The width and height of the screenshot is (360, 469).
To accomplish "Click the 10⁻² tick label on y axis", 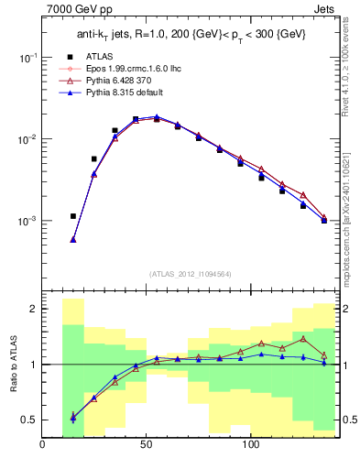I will click(x=26, y=139).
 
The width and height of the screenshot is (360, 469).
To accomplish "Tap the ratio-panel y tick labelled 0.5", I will click(x=27, y=420).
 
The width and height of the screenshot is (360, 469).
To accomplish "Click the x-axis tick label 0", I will click(x=42, y=445).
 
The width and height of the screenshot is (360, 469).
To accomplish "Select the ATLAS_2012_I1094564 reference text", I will click(x=190, y=274).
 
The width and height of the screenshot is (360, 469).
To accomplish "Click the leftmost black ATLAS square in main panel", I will click(x=73, y=217).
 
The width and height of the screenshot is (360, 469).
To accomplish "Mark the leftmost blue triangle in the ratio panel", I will click(x=73, y=417).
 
